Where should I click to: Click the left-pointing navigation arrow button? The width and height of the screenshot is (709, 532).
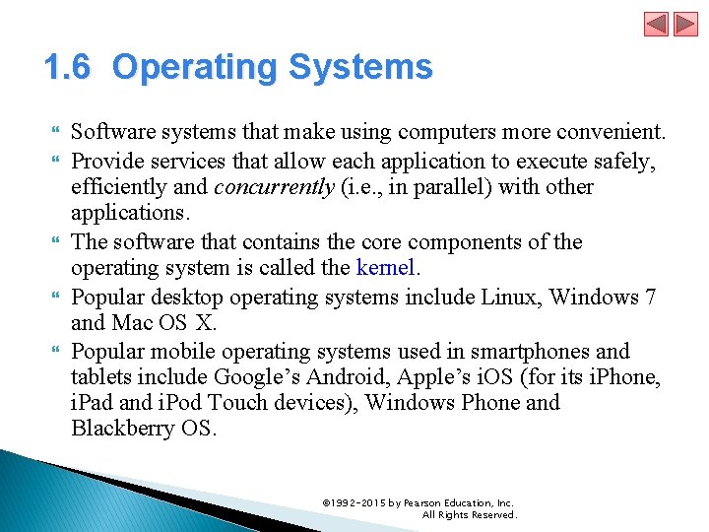[x=657, y=24]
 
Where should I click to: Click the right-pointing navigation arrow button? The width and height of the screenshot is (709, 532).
[x=683, y=24]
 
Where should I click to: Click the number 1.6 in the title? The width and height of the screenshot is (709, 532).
[x=67, y=68]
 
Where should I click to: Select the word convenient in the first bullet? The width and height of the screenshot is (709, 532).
[x=615, y=132]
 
